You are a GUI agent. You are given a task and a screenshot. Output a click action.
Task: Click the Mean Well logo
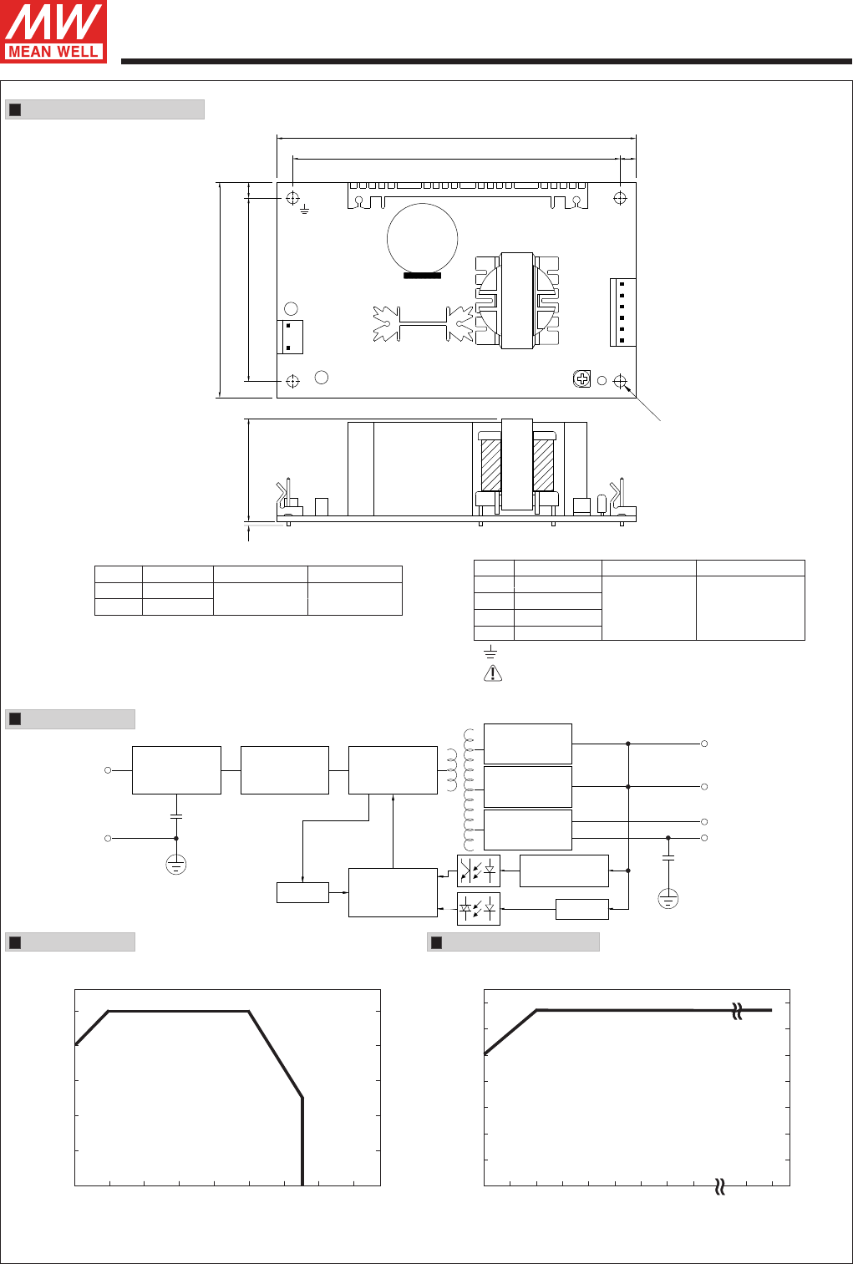53,32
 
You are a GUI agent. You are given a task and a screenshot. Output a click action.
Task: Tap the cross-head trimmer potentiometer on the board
581,379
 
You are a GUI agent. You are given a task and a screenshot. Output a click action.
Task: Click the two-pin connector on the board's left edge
290,337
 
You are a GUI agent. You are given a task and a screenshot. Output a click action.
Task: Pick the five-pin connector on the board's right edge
622,312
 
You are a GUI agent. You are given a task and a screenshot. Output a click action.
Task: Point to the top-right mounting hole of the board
620,198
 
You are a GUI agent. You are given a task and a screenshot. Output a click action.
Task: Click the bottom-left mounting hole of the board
292,382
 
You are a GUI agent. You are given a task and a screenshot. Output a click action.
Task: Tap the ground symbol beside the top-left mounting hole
305,210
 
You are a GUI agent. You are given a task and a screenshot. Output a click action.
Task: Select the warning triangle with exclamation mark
493,673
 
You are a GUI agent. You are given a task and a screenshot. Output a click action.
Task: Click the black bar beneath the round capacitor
422,276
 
